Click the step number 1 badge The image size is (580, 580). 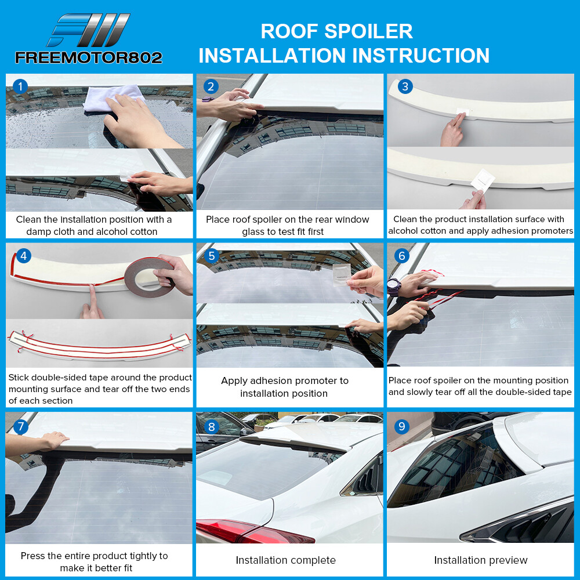tap(20, 87)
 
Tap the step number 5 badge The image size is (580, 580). tap(211, 256)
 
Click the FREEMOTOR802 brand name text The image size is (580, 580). tap(88, 57)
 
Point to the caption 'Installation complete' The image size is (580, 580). tap(285, 560)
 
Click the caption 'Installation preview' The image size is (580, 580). tap(481, 560)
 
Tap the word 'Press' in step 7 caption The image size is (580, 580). tap(33, 556)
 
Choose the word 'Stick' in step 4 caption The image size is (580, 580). tap(19, 378)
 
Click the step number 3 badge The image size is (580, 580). tap(404, 87)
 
